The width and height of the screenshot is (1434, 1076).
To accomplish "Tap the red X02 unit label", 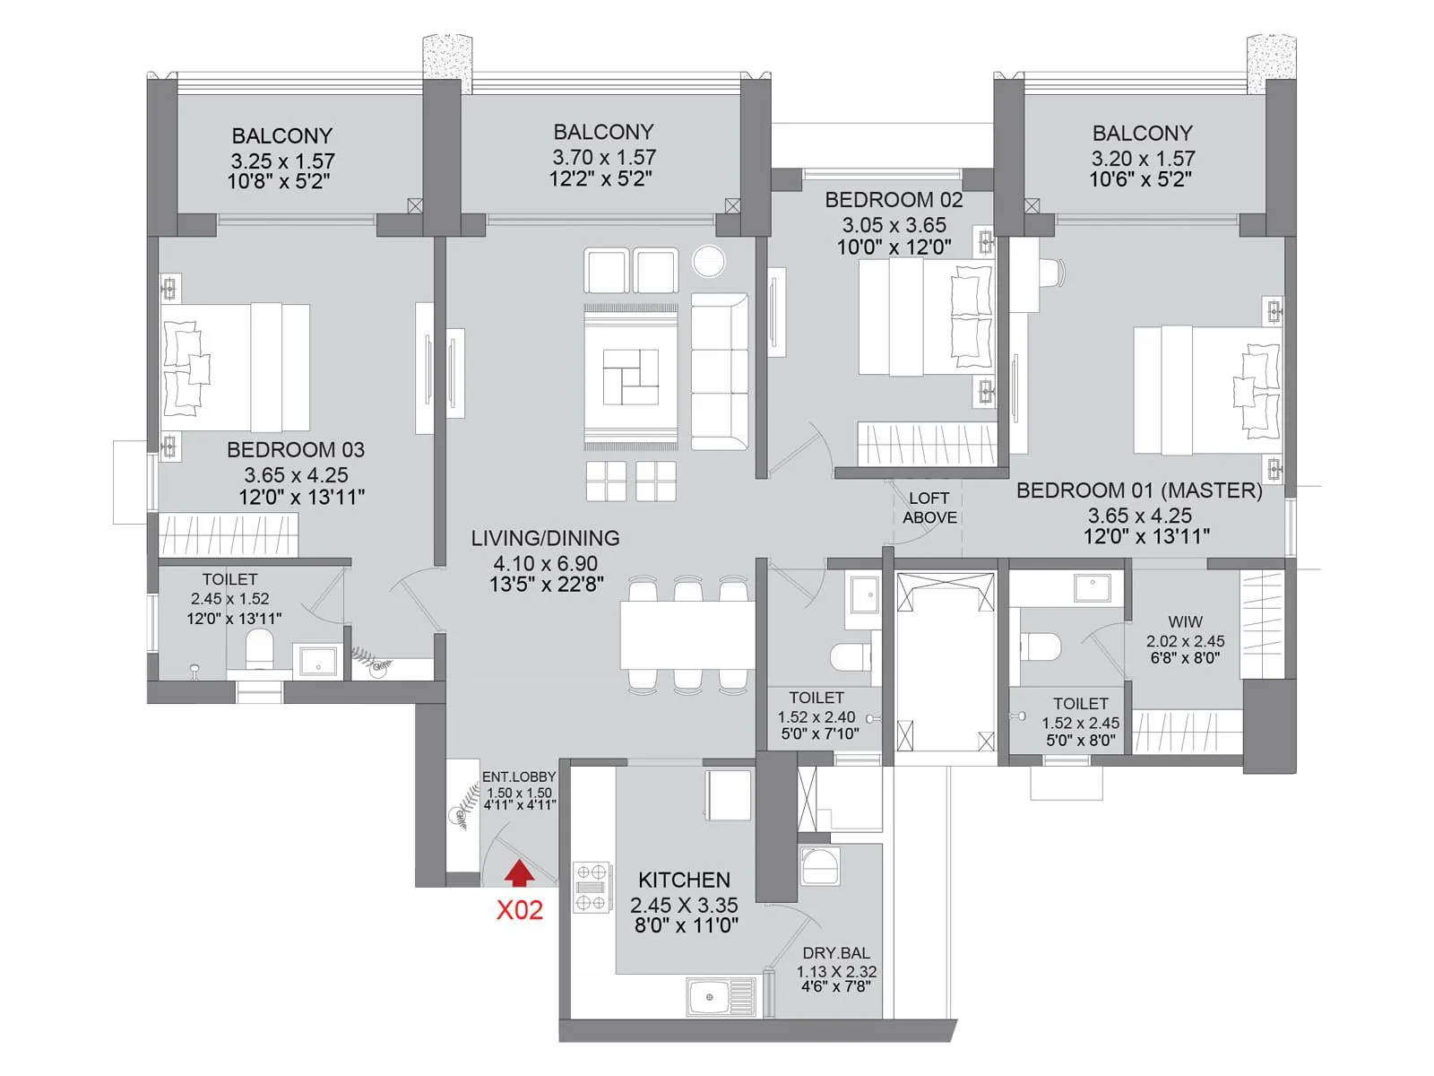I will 520,910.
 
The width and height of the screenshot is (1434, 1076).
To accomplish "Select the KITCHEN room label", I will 684,880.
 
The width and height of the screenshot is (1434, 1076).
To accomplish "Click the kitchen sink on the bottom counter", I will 721,996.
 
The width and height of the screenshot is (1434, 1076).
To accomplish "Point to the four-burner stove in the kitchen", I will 591,887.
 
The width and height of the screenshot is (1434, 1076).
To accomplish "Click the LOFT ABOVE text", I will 929,508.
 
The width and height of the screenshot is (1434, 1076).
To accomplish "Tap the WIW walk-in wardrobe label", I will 1185,621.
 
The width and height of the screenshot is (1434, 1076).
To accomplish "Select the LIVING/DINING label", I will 545,538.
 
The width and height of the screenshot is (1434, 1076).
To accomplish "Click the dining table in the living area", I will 687,634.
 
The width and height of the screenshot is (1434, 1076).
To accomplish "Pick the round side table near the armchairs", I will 708,262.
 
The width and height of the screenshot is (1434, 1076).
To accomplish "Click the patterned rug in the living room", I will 630,377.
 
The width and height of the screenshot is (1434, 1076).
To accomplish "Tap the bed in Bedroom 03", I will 236,368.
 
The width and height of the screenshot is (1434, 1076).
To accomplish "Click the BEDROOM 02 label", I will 894,200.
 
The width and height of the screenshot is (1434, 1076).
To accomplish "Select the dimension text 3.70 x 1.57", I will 603,157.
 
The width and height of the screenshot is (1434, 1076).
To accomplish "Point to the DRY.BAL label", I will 835,953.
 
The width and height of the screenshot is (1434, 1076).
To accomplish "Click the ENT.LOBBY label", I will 519,777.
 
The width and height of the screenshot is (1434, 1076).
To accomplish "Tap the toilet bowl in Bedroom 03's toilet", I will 259,647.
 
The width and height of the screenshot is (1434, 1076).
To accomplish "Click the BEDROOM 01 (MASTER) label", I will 1138,490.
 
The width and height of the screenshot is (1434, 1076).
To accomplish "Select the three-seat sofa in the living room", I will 719,371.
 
